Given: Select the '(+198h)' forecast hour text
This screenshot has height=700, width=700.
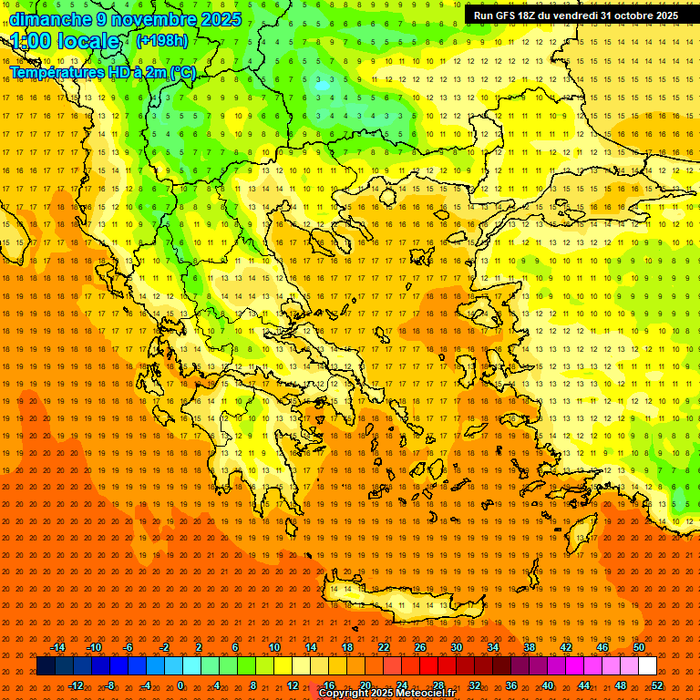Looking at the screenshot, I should coord(161,40).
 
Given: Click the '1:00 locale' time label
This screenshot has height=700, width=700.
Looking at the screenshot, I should coord(66,41).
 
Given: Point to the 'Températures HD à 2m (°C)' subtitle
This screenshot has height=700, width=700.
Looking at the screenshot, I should coord(102,71).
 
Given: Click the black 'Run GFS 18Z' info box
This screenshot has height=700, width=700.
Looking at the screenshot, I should coord(578,15).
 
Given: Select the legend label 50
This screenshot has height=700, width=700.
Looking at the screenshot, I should coord(638,647).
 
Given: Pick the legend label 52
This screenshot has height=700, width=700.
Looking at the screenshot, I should coord(657,685).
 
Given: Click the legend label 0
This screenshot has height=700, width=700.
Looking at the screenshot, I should coord(180,685).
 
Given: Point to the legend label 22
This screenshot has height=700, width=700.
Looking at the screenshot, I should coord(384,647).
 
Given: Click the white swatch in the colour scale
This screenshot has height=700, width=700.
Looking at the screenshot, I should coord(647,666).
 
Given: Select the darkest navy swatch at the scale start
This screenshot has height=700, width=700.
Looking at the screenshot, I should coord(46,666).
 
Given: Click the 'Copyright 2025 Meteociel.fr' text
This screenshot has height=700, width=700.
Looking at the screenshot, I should coord(386,694).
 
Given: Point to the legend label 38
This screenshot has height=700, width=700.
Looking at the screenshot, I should coord(529,647).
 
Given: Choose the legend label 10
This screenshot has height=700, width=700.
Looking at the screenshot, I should coord(273,647).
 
